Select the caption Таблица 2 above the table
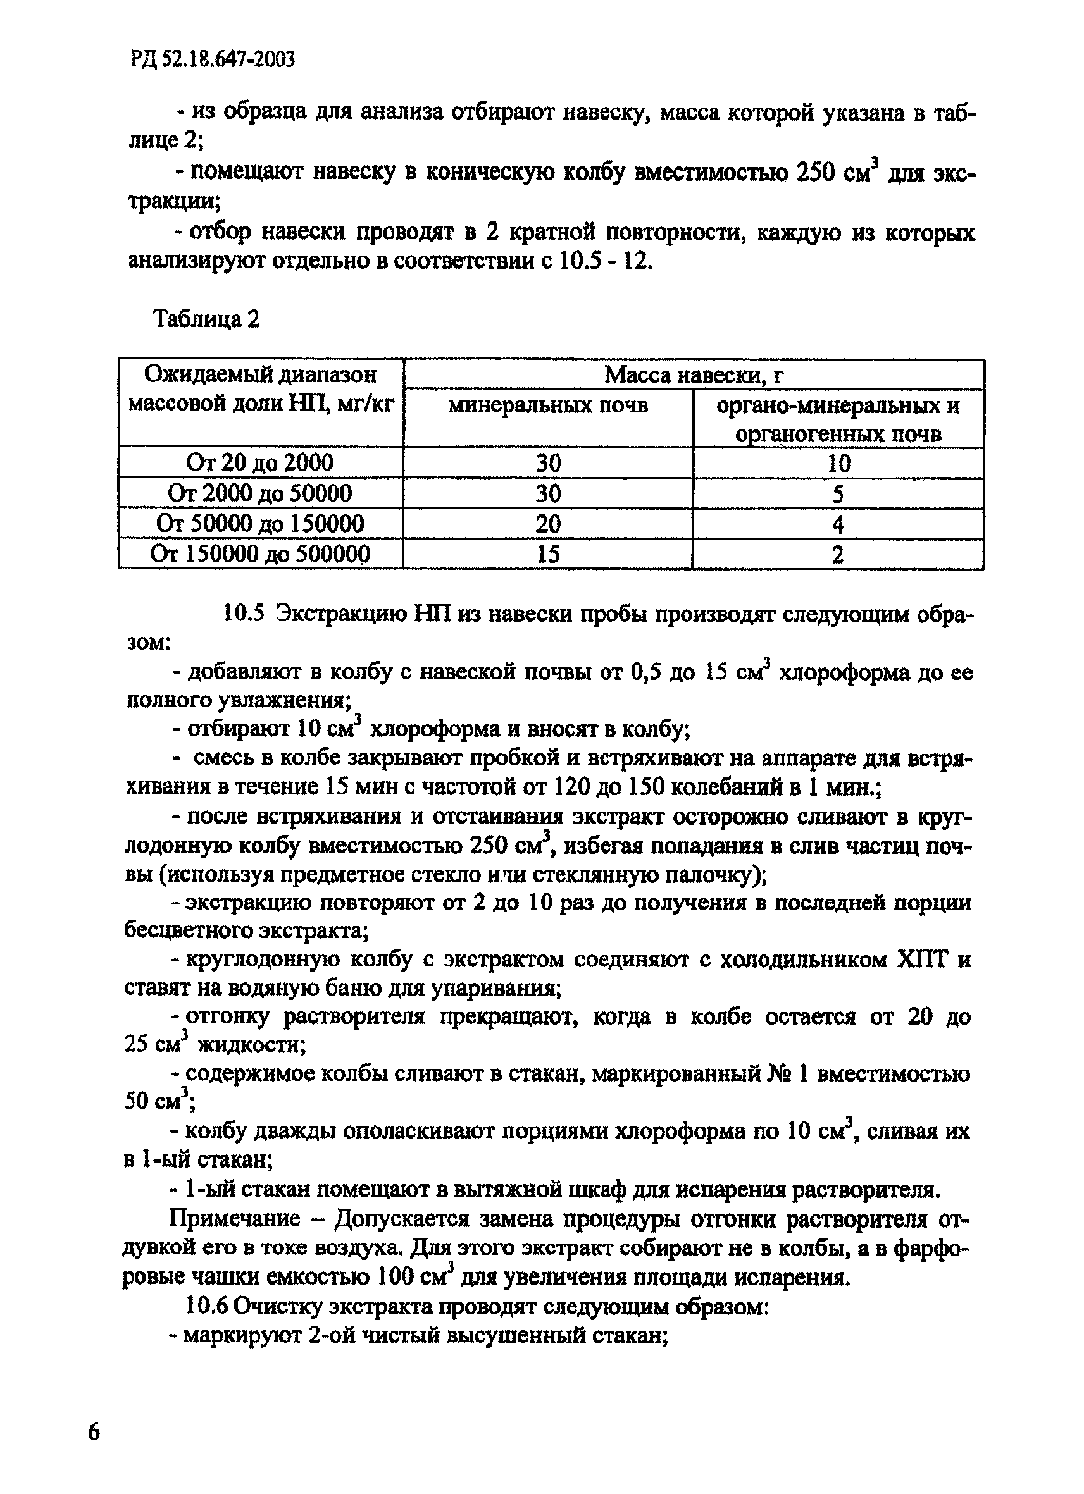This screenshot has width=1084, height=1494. click(x=206, y=319)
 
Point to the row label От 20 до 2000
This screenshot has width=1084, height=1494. click(x=259, y=463)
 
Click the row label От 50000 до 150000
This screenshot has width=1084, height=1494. click(x=259, y=524)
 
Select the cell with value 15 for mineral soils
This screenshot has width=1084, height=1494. click(x=547, y=554)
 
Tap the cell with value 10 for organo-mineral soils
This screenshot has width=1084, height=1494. click(x=838, y=464)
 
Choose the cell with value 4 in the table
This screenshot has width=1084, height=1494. click(x=838, y=524)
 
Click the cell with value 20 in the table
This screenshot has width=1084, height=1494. click(x=547, y=524)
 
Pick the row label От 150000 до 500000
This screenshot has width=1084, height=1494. click(x=259, y=554)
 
